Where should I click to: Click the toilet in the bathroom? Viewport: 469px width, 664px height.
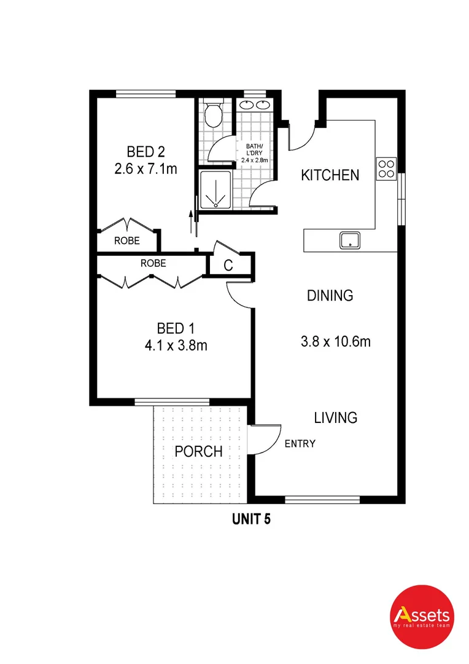click(213, 114)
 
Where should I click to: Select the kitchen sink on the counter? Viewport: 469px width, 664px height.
click(351, 240)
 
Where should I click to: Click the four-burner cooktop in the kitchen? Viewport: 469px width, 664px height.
click(386, 168)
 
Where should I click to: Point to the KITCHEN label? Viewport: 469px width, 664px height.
click(330, 175)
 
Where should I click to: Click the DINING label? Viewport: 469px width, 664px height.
click(330, 296)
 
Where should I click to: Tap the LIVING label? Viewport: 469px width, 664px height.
click(335, 418)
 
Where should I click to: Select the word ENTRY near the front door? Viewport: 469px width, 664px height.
click(300, 444)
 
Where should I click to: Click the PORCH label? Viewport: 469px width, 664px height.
click(198, 452)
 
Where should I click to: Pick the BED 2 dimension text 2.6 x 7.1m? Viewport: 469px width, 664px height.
click(145, 168)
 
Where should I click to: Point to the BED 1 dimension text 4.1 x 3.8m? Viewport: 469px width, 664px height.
click(173, 346)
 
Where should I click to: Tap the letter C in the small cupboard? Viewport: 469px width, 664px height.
click(228, 266)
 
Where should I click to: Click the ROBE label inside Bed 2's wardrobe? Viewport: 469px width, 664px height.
click(127, 242)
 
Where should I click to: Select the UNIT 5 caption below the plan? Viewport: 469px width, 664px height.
click(251, 519)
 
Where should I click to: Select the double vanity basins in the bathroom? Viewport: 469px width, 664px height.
click(255, 105)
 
